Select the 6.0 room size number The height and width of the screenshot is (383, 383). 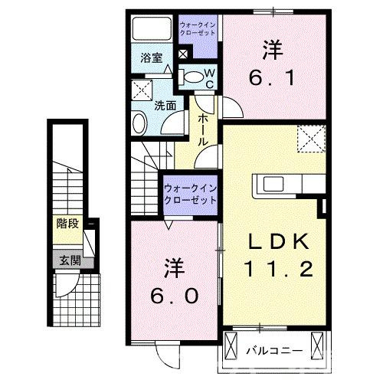pos(174,294)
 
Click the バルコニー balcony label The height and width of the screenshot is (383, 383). pos(274,350)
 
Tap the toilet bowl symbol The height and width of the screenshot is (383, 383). pos(195,76)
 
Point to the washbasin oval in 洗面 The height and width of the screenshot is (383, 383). pos(140,123)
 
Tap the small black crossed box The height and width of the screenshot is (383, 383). pos(182,55)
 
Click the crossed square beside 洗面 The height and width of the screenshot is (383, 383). pos(142,90)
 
